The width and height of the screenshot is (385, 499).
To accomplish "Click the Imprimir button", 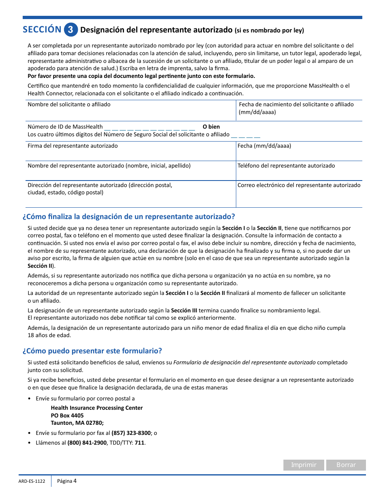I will coord(304,465).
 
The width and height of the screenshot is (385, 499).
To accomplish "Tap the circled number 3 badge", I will coord(71,30).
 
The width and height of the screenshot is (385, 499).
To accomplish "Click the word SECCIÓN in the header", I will coord(42,30).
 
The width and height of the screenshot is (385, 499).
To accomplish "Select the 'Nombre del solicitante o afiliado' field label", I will coord(69,105).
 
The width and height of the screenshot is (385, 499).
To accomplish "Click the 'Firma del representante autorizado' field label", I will coord(73,146).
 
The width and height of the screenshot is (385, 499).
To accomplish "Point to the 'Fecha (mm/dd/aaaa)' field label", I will coord(264,146).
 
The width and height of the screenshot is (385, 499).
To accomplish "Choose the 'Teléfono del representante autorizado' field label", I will coord(286,166).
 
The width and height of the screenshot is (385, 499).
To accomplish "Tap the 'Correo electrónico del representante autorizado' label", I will coord(299,185).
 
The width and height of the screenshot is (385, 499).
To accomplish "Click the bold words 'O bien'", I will coord(211,127).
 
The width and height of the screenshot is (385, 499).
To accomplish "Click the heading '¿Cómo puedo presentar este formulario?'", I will coord(92,351).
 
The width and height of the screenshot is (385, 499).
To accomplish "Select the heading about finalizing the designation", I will coord(129,216).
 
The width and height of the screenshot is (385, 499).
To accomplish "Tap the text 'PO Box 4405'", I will coord(67,415).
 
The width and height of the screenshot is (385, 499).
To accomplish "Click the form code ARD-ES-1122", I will coord(32,482).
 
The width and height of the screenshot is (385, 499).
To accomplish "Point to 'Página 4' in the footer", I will coord(67,481).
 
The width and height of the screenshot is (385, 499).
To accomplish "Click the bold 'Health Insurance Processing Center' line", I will coord(97,408).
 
